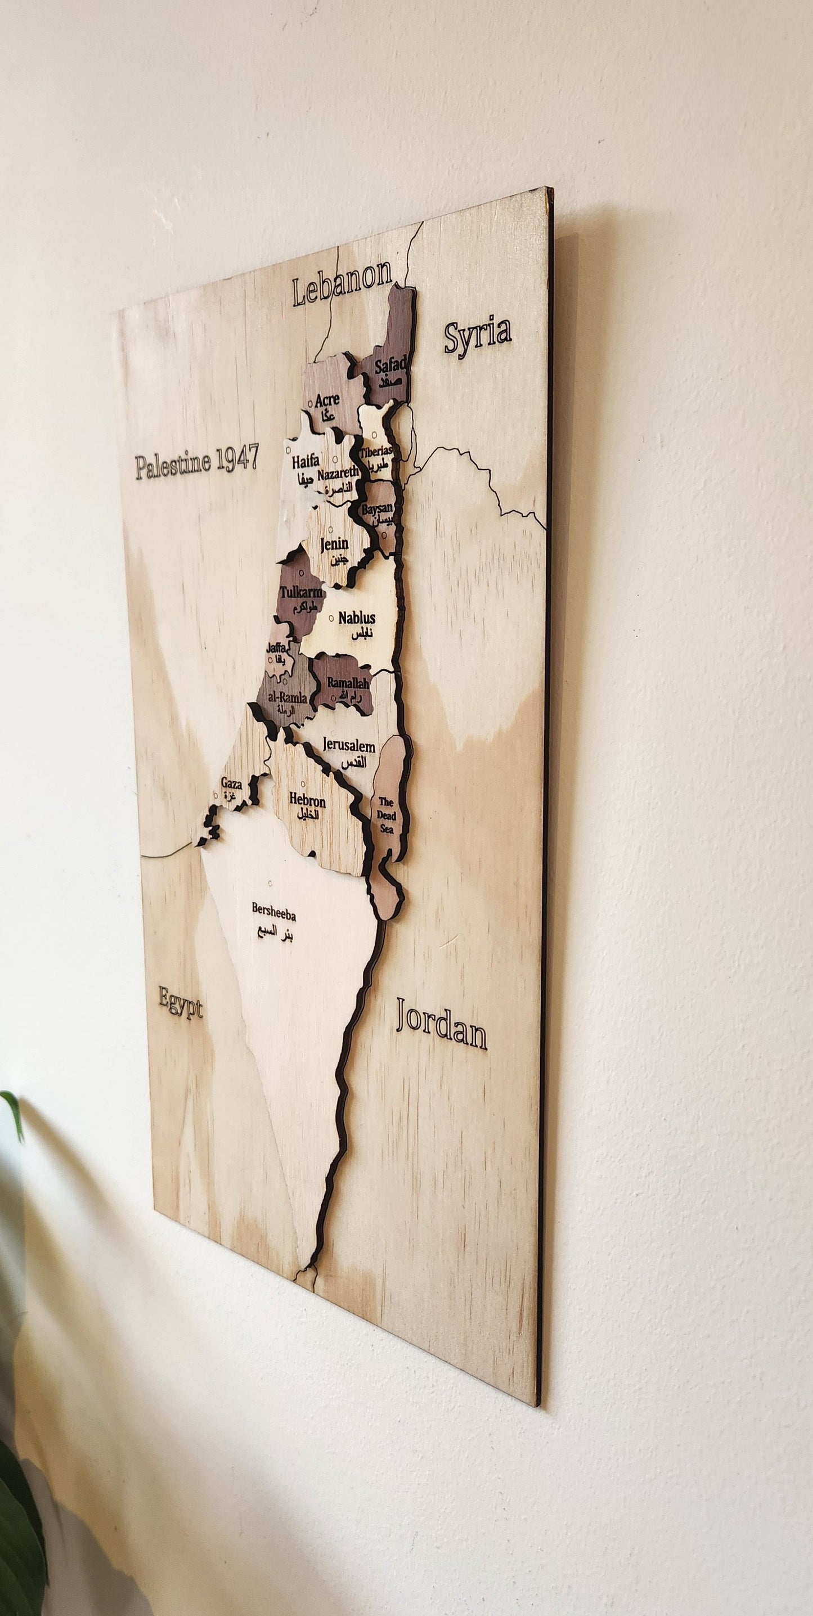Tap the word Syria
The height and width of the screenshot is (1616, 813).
pos(478,333)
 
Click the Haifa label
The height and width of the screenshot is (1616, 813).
pos(306,462)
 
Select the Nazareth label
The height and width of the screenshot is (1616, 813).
pos(338,475)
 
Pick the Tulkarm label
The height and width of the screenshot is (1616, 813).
pos(301,593)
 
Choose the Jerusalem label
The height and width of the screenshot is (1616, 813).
pos(349,746)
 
